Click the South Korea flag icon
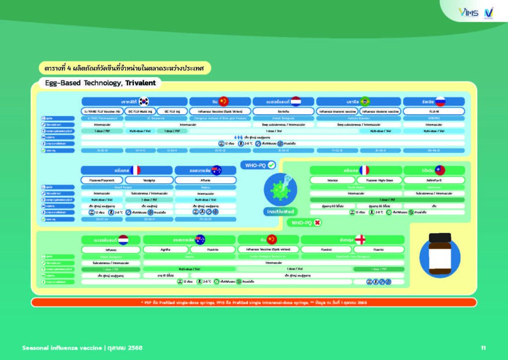pyautogui.click(x=144, y=101)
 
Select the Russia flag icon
pyautogui.click(x=440, y=101)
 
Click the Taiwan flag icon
pyautogui.click(x=440, y=170)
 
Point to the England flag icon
pyautogui.click(x=360, y=239)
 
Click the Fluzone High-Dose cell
pyautogui.click(x=372, y=180)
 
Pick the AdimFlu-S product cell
pyautogui.click(x=434, y=180)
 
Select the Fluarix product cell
pyautogui.click(x=379, y=250)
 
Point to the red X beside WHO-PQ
pyautogui.click(x=317, y=223)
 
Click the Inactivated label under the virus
pyautogui.click(x=280, y=212)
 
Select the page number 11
pyautogui.click(x=483, y=347)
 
